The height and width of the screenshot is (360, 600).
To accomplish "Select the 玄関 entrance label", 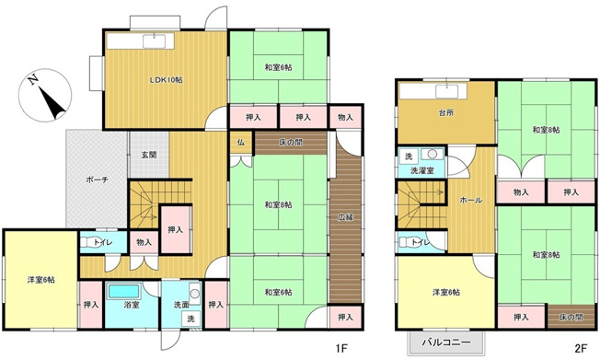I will click(x=149, y=155).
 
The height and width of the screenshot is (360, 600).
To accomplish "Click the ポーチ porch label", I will click(x=98, y=180).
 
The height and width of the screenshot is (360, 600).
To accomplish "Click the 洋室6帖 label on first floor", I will click(x=40, y=279).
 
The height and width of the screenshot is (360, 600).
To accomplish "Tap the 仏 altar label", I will click(x=240, y=143).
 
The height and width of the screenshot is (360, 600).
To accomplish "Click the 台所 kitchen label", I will click(x=446, y=115).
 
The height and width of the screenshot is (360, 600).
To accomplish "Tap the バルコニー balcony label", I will click(x=446, y=343).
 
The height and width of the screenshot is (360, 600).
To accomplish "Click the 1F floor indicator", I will click(x=340, y=348).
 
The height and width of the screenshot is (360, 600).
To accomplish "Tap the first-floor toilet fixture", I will click(x=89, y=242).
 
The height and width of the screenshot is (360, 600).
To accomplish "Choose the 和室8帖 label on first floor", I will click(x=278, y=203).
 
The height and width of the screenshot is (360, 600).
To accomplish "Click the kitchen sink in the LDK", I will click(x=154, y=41).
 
